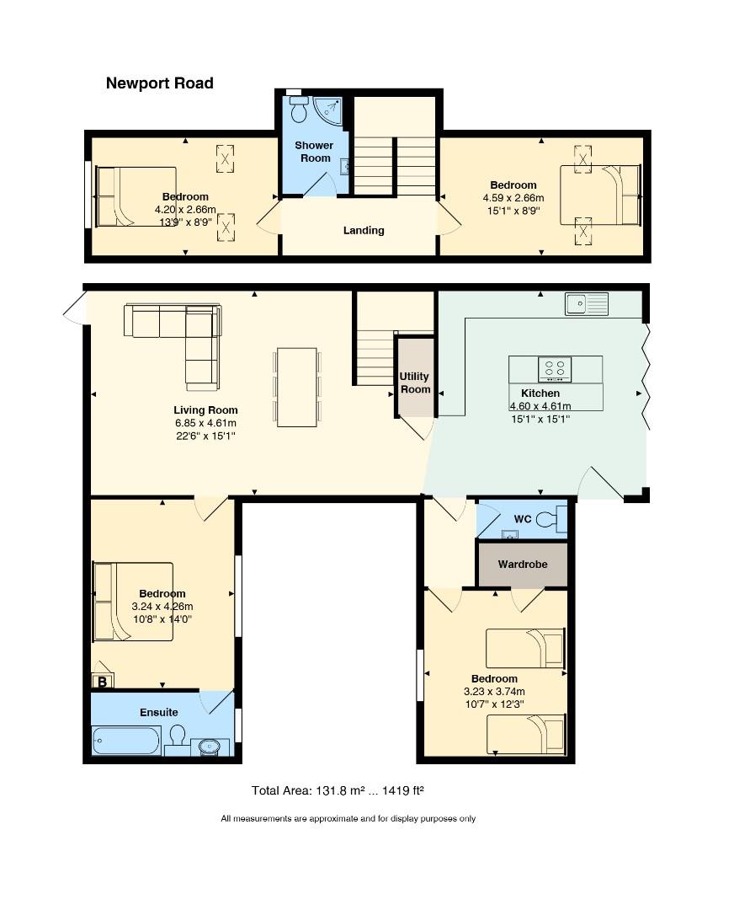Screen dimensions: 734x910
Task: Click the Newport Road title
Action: [x=159, y=83]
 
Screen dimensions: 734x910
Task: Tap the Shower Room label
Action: [x=314, y=152]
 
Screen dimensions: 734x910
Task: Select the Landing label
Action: [x=364, y=230]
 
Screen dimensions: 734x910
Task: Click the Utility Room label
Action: [x=415, y=383]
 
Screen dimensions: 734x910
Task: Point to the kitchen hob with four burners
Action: [x=555, y=369]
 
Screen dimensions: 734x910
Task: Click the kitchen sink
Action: [x=587, y=304]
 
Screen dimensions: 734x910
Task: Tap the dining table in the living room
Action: [x=297, y=387]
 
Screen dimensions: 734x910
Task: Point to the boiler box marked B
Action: [x=103, y=681]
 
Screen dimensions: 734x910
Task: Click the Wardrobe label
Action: [x=523, y=564]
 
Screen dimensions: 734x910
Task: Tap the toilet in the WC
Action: [x=550, y=519]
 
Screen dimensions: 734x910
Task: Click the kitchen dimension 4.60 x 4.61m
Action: [x=540, y=406]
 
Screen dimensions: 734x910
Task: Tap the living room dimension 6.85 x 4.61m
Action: [x=206, y=423]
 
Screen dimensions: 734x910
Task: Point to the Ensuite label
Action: [x=159, y=712]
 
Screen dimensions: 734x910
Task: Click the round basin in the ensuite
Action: [x=208, y=747]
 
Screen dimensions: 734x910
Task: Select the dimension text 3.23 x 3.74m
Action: [x=495, y=691]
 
